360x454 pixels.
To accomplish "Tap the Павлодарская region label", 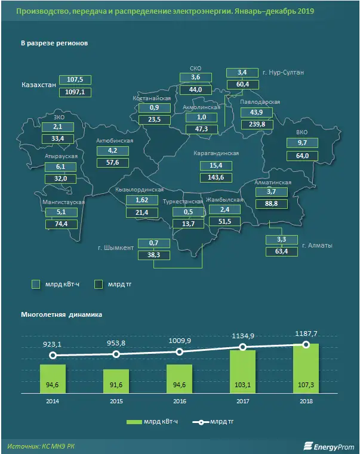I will pyautogui.click(x=260, y=102).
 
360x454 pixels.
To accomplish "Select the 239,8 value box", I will pyautogui.click(x=257, y=124).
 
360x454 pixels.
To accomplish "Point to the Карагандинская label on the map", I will pyautogui.click(x=216, y=153).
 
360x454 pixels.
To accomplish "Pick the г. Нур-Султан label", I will pyautogui.click(x=284, y=73).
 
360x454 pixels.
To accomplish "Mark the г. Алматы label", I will pyautogui.click(x=316, y=245).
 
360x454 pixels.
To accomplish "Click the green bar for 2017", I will pyautogui.click(x=243, y=372).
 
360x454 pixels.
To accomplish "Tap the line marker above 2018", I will pyautogui.click(x=306, y=344).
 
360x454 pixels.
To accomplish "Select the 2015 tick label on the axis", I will pyautogui.click(x=116, y=402).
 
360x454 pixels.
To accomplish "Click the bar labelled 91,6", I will pyautogui.click(x=116, y=382).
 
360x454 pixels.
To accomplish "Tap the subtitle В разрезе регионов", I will pyautogui.click(x=54, y=45).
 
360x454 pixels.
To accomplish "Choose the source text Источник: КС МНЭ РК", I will pyautogui.click(x=42, y=446).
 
